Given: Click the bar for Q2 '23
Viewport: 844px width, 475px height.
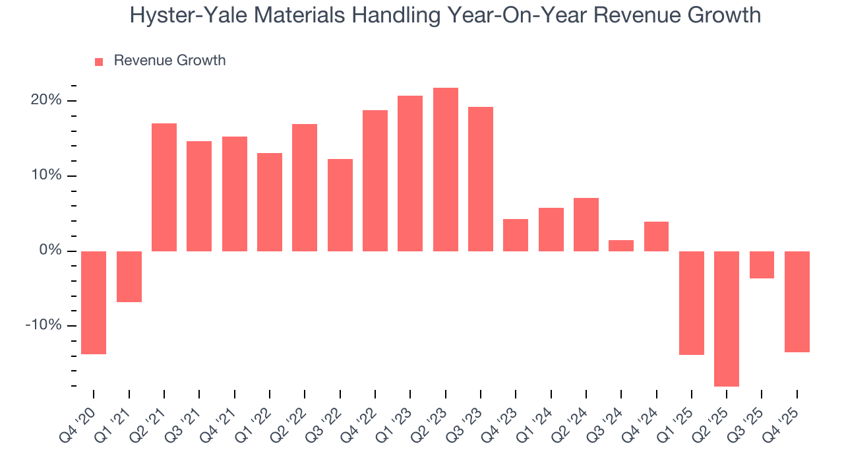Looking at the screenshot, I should click(445, 170).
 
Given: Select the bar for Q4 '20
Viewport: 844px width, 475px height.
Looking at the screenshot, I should click(94, 303).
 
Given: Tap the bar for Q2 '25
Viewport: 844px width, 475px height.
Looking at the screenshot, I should click(727, 319).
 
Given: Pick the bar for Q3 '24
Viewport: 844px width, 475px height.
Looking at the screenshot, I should click(621, 245).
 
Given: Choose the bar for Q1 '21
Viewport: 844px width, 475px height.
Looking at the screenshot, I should click(129, 276).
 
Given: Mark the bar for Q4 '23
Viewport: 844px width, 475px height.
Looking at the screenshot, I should click(516, 235).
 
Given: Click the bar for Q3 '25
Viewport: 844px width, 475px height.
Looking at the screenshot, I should click(762, 265).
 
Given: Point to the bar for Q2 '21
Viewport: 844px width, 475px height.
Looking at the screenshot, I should click(164, 187).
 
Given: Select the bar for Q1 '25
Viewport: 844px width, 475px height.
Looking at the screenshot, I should click(692, 303).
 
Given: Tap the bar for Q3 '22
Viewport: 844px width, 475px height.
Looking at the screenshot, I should click(340, 205).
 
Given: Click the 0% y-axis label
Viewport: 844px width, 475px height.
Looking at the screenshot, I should click(51, 251).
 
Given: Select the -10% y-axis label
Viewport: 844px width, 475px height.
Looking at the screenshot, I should click(45, 326).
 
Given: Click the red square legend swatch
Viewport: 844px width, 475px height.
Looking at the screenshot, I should click(99, 61).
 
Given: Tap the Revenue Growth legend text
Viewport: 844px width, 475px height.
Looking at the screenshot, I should click(169, 61).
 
